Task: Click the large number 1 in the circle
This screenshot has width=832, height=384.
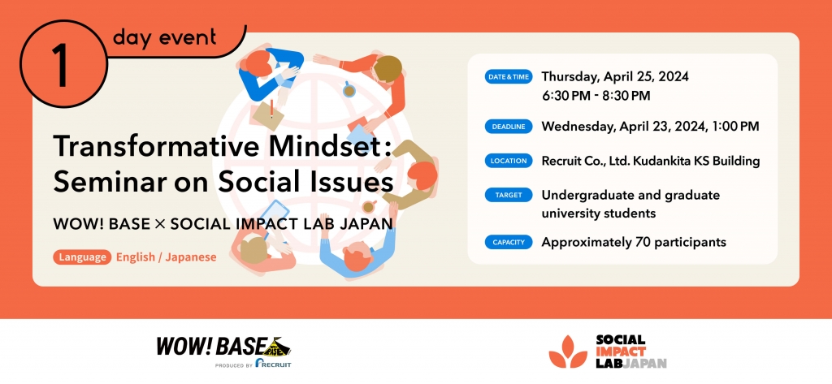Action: (x=60, y=65)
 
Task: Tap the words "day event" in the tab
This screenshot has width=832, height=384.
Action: (x=164, y=37)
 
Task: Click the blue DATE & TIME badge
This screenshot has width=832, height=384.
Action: (x=509, y=77)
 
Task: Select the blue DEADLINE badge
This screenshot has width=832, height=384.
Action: (x=509, y=127)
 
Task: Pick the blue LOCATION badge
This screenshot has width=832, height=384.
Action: (x=509, y=161)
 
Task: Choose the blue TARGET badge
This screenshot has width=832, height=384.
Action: (x=509, y=195)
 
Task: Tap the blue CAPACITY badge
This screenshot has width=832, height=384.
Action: (x=509, y=243)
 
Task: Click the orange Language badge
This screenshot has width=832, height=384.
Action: (x=82, y=257)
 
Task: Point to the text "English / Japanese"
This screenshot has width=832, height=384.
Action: (x=166, y=257)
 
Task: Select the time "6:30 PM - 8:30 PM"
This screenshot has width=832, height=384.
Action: (x=596, y=96)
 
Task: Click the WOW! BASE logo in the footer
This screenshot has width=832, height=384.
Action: (x=223, y=347)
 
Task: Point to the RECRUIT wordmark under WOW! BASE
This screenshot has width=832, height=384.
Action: (x=273, y=364)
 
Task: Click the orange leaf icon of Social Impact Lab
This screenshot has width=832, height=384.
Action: (x=568, y=352)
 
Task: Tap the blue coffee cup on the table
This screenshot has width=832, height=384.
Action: (x=349, y=90)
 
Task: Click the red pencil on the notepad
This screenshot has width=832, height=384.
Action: (x=271, y=108)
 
